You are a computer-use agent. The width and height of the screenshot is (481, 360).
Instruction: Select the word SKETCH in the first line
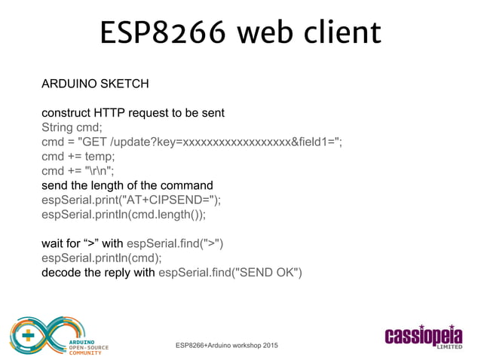point(124,82)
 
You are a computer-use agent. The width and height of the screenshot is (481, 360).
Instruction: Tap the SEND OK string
point(267,272)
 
